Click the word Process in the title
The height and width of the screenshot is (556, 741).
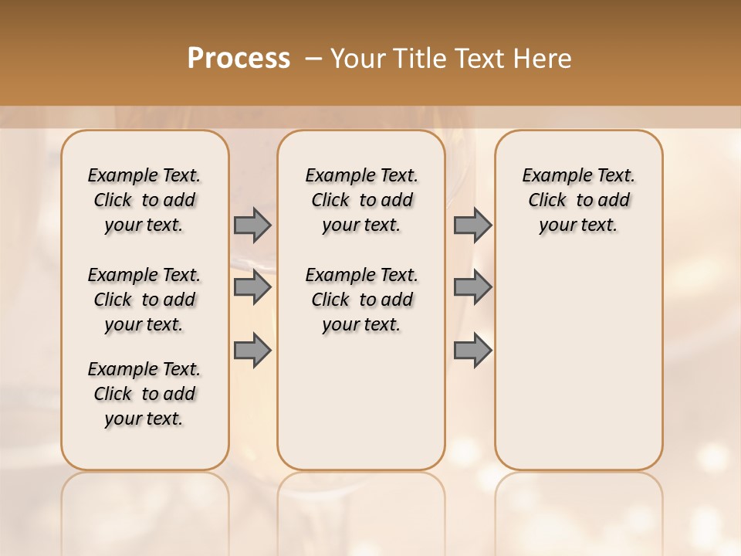[x=239, y=58]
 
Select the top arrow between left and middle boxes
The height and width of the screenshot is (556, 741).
[x=252, y=225]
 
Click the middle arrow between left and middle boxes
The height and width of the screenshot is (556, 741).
[x=252, y=287]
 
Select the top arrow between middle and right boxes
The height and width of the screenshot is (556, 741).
[x=472, y=225]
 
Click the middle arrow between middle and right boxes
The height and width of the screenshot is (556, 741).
[x=472, y=287]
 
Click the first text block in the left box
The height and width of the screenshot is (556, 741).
[x=144, y=200]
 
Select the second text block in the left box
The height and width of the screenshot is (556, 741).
[x=144, y=300]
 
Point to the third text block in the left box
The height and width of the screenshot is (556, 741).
[x=144, y=394]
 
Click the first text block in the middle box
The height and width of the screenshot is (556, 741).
[x=361, y=200]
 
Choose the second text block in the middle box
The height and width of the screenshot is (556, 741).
[x=361, y=300]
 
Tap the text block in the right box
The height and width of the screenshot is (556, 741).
[x=578, y=200]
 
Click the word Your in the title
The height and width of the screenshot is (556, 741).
[x=359, y=58]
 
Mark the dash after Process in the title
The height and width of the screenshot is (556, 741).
[x=313, y=58]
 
